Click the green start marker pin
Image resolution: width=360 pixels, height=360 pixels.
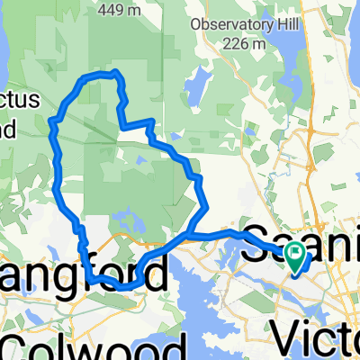(297, 256)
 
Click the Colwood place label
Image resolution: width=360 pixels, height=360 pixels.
(94, 347)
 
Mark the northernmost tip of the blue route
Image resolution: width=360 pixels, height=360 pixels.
(113, 71)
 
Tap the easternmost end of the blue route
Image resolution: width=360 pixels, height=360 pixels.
(309, 261)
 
